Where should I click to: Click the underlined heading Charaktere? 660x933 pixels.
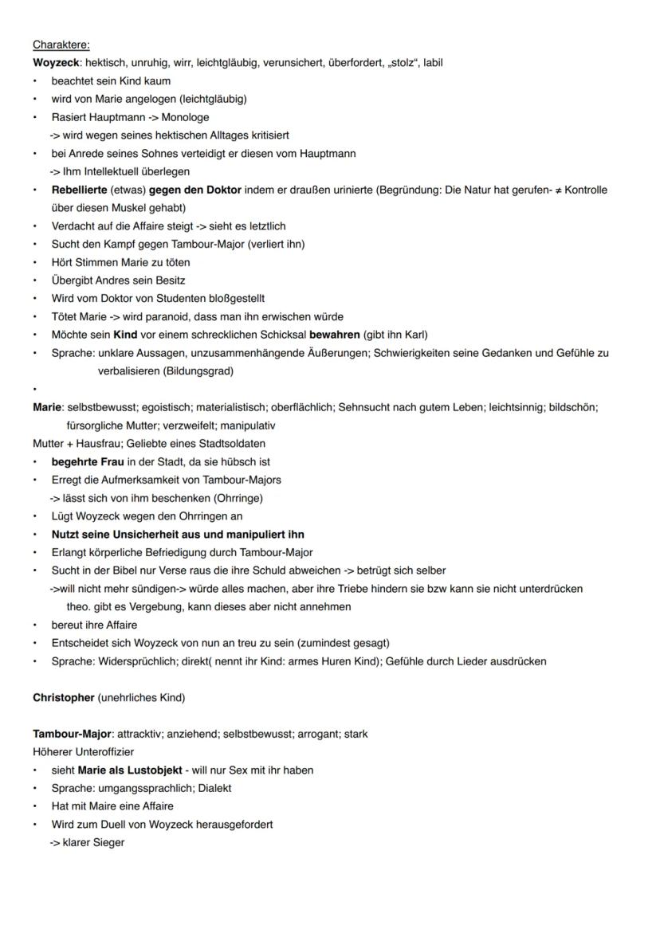pyautogui.click(x=61, y=45)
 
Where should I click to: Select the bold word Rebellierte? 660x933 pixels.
pyautogui.click(x=82, y=190)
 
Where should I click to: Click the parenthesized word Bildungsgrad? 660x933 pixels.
pyautogui.click(x=198, y=370)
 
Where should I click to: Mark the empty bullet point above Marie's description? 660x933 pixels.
pyautogui.click(x=36, y=390)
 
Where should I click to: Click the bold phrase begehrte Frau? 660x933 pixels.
pyautogui.click(x=92, y=462)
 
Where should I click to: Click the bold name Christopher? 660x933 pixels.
pyautogui.click(x=63, y=698)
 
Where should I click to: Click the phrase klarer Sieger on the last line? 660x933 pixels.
pyautogui.click(x=93, y=842)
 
